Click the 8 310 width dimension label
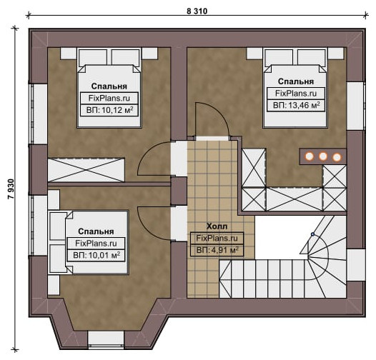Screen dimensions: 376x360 pos(197,11)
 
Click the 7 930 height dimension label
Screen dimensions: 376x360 pos(11,189)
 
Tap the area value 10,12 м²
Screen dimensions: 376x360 pos(117,110)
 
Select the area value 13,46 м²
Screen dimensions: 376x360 pos(304,105)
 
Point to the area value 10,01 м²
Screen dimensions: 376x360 pos(104,255)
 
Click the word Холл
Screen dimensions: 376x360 pos(217,226)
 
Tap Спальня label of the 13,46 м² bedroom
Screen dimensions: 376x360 pos(296,81)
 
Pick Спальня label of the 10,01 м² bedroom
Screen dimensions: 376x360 pos(96,231)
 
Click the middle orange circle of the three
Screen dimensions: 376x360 pos(323,156)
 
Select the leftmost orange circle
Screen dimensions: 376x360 pos(310,156)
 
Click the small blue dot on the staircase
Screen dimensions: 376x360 pos(312,234)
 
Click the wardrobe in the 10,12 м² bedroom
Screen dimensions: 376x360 pos(86,170)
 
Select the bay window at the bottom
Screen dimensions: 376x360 pos(106,339)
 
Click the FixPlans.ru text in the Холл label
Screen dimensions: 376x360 pos(217,239)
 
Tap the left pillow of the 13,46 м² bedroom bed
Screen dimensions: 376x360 pos(279,57)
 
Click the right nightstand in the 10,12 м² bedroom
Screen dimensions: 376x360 pos(149,54)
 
